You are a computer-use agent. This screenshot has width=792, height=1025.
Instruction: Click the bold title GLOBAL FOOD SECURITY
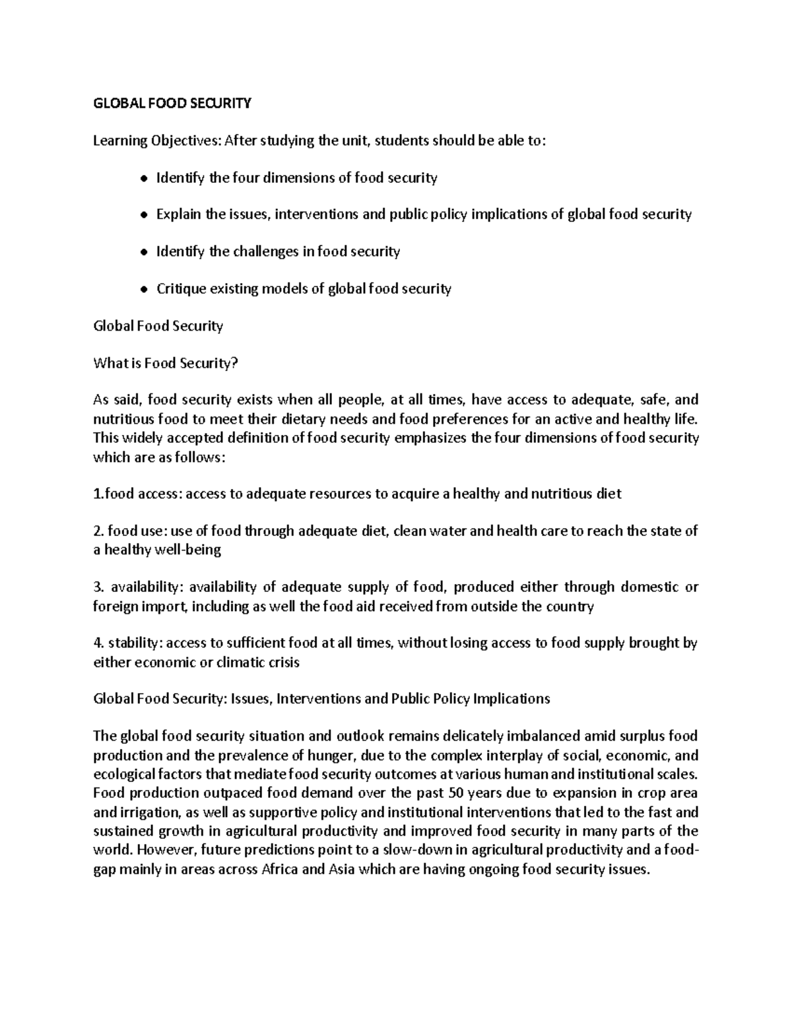172,103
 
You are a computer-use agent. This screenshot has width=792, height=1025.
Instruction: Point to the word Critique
181,289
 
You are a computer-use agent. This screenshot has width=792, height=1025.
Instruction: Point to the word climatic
244,662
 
